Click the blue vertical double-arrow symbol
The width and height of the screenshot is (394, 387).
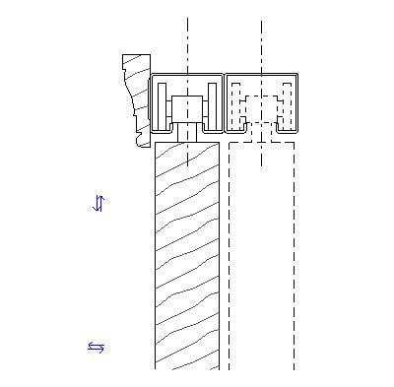98,203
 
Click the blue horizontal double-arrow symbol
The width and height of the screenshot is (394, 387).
97,347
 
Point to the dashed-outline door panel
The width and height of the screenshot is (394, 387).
261,256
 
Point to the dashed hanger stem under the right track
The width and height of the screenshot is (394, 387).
262,132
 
